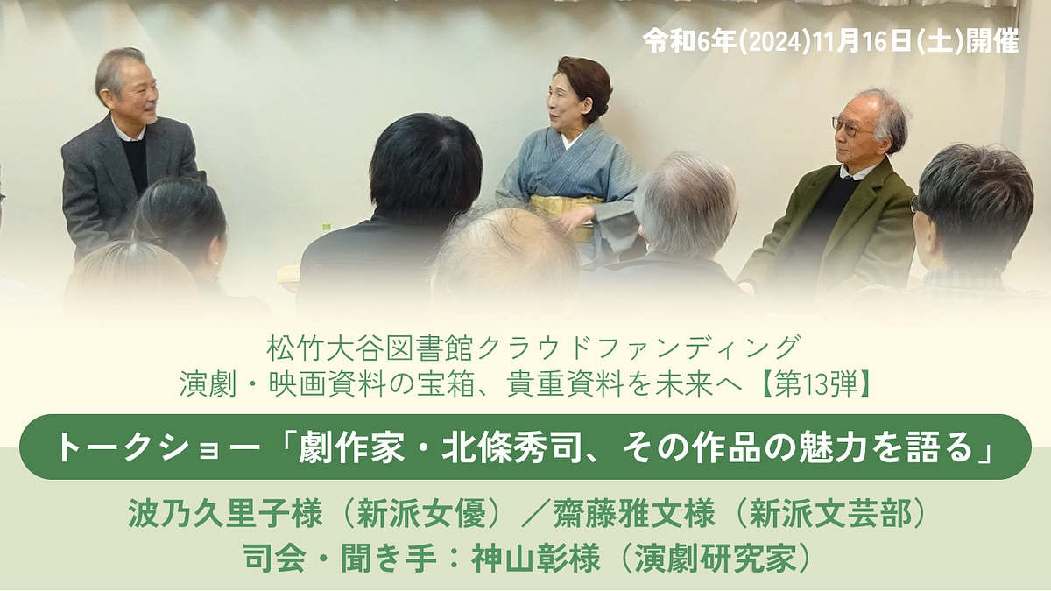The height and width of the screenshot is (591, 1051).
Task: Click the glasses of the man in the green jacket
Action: point(848,128)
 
